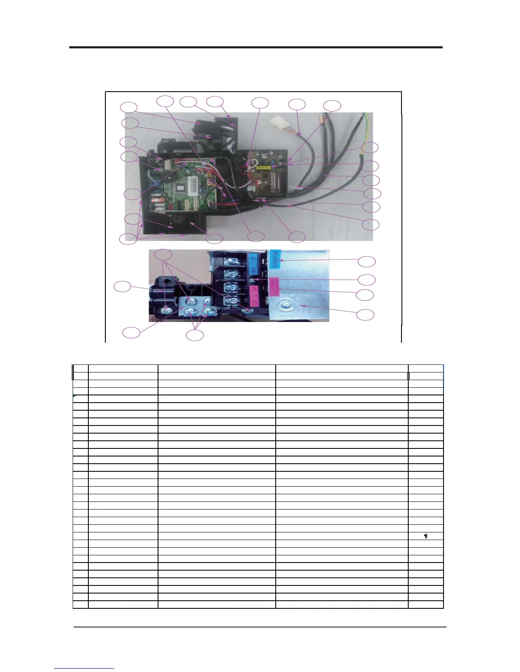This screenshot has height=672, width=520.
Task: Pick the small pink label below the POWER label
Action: [275, 283]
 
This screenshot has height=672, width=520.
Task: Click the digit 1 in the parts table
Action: [426, 536]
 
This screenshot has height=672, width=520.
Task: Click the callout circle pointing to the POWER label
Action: [366, 262]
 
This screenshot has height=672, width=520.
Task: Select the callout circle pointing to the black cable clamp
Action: [123, 287]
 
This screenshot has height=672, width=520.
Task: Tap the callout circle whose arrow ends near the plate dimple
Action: [365, 315]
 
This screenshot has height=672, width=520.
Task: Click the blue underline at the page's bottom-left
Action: [84, 669]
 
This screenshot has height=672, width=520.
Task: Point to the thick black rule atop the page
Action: [256, 48]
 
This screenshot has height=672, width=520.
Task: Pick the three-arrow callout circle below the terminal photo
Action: [195, 335]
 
